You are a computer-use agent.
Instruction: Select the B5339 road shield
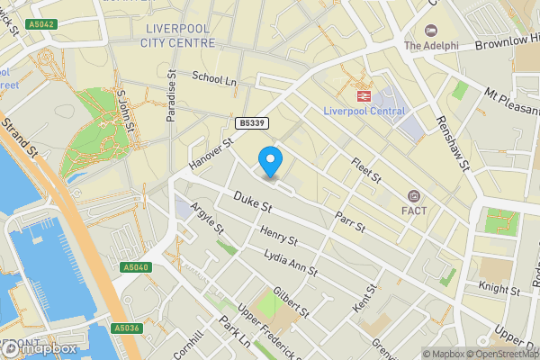(252, 122)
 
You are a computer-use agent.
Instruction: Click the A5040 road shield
(136, 267)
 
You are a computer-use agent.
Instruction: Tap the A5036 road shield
(128, 329)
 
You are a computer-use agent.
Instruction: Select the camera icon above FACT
(414, 196)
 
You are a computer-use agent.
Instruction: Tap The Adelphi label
(431, 46)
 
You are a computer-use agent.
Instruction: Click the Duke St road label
(253, 203)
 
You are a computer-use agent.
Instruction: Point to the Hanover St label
(211, 151)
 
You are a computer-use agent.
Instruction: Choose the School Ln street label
(213, 80)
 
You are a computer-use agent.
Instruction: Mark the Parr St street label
(349, 221)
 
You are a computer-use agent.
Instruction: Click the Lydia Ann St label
(291, 265)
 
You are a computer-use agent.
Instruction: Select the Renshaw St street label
(453, 142)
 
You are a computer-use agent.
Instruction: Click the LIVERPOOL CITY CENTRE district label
(180, 35)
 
